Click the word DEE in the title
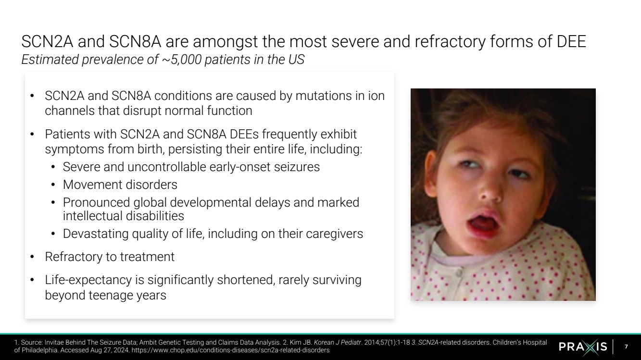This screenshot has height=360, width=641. (x=571, y=41)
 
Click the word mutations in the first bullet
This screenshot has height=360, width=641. (x=324, y=96)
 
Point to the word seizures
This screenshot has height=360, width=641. (x=297, y=167)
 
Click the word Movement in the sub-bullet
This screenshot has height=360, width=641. (x=93, y=185)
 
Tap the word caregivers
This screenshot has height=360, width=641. (x=334, y=234)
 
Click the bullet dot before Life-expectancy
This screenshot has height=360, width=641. (x=32, y=280)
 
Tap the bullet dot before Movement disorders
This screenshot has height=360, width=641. (x=53, y=185)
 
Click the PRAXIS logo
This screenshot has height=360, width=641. (x=583, y=347)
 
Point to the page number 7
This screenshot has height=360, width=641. (x=626, y=347)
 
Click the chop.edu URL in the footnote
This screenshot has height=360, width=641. (x=230, y=350)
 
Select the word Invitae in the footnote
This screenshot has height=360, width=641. (x=54, y=342)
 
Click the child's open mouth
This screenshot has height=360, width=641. (x=482, y=223)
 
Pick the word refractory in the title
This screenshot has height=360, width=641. (x=450, y=41)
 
